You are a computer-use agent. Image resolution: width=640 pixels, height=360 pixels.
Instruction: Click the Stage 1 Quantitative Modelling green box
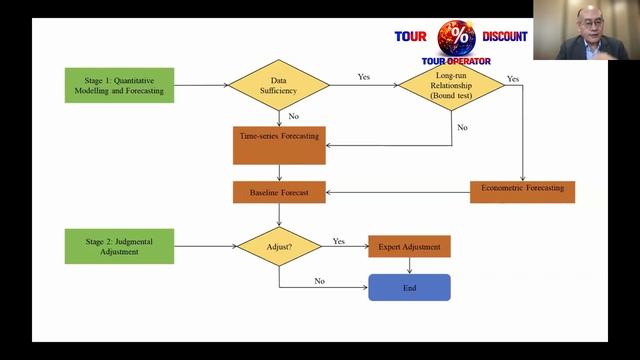click(119, 85)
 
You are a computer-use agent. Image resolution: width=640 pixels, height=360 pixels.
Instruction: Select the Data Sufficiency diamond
click(279, 85)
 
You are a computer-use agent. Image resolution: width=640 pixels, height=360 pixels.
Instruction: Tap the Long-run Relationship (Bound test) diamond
click(451, 85)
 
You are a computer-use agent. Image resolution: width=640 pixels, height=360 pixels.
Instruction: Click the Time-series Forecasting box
click(279, 145)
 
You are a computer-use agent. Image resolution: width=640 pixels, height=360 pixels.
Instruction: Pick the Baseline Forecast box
click(279, 192)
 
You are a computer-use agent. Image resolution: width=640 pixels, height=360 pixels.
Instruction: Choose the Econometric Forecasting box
click(522, 192)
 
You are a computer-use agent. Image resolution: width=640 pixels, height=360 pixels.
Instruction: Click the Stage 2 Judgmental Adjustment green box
click(119, 246)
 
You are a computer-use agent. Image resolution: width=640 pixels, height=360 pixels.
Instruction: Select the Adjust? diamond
click(279, 247)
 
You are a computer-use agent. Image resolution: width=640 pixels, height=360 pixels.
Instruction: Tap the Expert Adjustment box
click(409, 247)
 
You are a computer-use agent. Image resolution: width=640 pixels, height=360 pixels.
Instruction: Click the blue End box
click(409, 288)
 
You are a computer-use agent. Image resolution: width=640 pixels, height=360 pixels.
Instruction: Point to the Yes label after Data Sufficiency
click(364, 77)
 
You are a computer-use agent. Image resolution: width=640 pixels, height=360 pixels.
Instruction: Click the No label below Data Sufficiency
click(293, 116)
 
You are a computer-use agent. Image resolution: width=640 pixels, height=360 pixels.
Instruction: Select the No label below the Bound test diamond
click(462, 127)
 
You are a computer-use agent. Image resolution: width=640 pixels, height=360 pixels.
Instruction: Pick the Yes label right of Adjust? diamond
click(339, 241)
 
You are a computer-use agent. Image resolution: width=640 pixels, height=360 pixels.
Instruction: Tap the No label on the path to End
click(320, 281)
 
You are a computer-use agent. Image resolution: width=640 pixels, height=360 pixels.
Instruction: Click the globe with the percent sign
click(456, 38)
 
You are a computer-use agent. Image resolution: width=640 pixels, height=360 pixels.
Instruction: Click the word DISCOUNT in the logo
click(505, 37)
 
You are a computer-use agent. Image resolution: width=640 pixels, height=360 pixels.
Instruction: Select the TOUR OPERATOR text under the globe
click(456, 61)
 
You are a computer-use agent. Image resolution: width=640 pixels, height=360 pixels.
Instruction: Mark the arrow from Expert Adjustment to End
click(409, 266)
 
